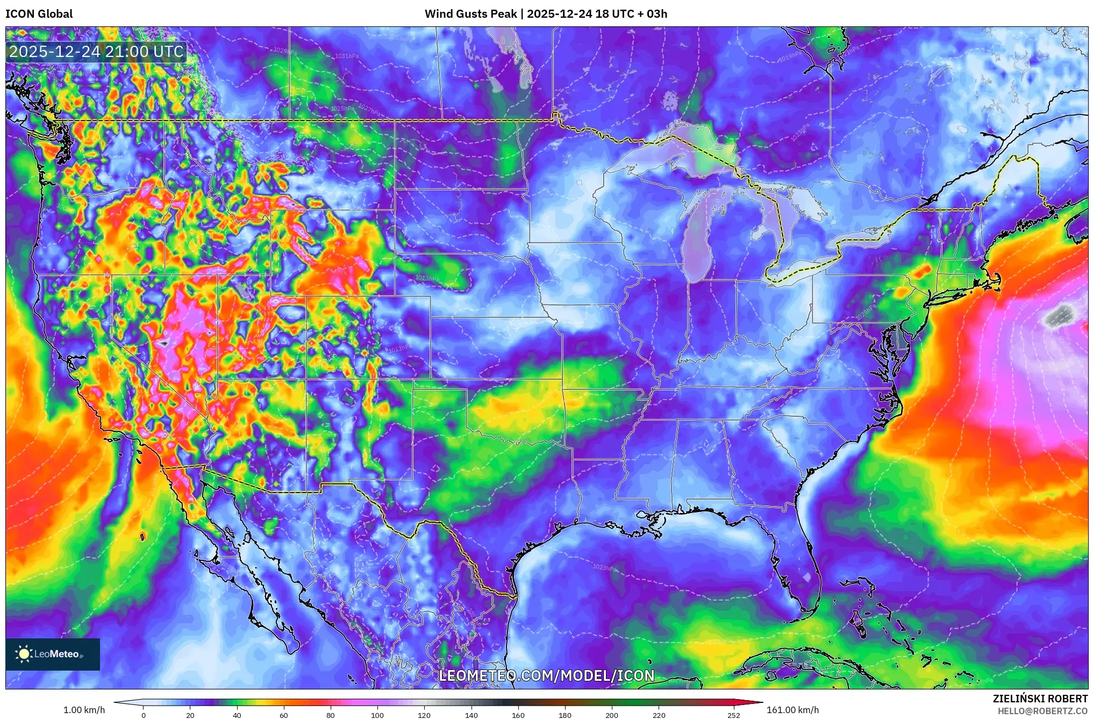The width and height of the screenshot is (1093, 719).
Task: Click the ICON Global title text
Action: click(x=39, y=14)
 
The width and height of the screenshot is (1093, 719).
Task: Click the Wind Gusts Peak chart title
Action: click(x=546, y=14)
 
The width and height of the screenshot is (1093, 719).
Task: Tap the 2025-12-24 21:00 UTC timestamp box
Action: click(x=97, y=52)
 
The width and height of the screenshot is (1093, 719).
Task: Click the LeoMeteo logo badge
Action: click(x=53, y=654)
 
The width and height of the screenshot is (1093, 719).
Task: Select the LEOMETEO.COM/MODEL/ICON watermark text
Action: click(x=547, y=676)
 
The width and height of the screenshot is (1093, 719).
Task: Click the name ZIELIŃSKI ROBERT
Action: click(x=1040, y=699)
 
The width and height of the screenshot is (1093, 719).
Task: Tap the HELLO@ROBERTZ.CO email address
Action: click(x=1042, y=711)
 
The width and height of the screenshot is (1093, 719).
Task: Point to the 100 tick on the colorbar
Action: click(x=377, y=715)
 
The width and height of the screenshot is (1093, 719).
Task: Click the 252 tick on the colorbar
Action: click(x=733, y=715)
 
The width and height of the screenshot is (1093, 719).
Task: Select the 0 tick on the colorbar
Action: click(x=144, y=715)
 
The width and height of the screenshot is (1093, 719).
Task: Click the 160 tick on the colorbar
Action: click(x=518, y=715)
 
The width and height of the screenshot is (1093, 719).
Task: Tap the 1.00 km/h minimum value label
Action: click(x=84, y=710)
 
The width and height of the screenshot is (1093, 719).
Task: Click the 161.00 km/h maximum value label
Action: click(x=792, y=710)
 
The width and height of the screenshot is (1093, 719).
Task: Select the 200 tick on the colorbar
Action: click(x=612, y=715)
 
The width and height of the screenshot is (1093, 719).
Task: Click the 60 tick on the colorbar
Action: click(x=284, y=715)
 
